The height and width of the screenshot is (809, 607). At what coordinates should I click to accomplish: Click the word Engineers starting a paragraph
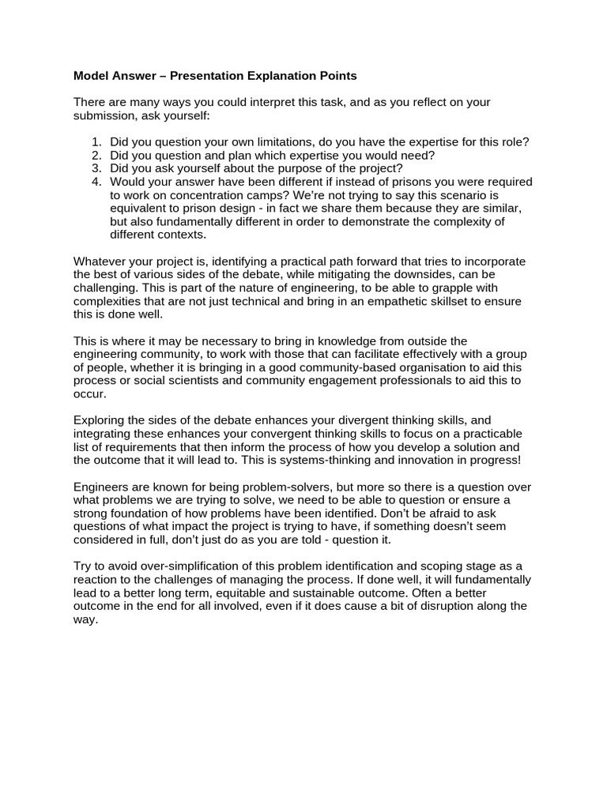coord(102,487)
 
